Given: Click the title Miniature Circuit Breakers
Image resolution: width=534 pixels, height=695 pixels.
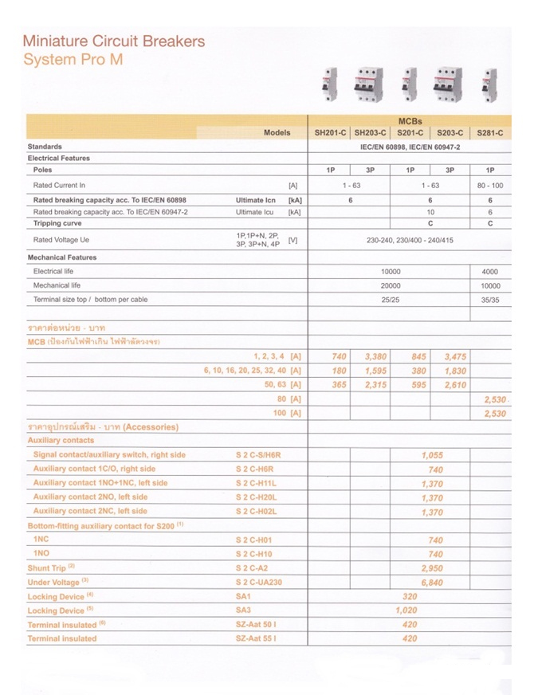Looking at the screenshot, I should (114, 41).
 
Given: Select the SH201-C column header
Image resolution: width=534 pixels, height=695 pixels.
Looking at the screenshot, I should (329, 133).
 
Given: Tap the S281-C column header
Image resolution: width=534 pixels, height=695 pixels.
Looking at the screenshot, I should (489, 133).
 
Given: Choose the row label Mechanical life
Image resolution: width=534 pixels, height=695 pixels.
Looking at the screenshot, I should (57, 285).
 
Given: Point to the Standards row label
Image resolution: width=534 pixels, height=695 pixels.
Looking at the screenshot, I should (45, 147).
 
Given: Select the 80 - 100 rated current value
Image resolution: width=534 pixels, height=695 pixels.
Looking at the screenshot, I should (490, 185).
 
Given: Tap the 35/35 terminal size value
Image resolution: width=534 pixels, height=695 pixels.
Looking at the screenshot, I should (490, 300).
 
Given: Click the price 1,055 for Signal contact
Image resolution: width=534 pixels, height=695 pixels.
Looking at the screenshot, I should (430, 455).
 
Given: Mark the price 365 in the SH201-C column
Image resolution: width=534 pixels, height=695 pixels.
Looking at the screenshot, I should (339, 385).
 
